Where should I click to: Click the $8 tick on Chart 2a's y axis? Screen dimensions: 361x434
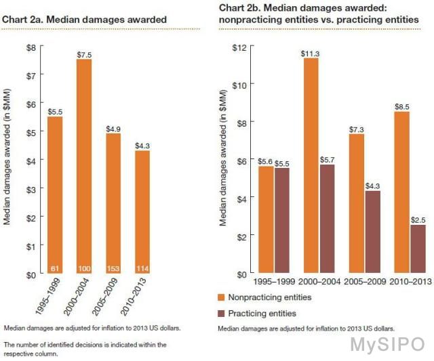click(x=31, y=47)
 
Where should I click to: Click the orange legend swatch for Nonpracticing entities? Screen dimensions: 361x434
click(x=222, y=297)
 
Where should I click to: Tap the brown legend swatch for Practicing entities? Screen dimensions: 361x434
click(x=222, y=313)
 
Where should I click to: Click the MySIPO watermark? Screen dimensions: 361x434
click(x=387, y=344)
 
